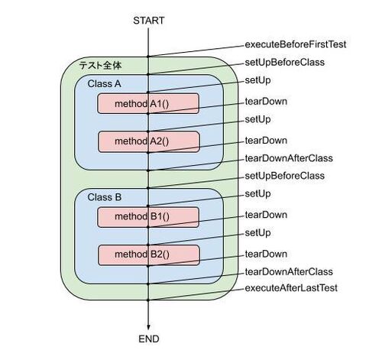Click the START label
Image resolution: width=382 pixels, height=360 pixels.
(x=149, y=21)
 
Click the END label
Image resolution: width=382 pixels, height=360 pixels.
(x=149, y=339)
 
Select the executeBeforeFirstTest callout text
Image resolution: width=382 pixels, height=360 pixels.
(x=296, y=44)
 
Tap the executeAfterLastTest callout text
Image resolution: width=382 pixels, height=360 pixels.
(x=291, y=288)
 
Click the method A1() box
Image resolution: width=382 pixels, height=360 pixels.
(x=148, y=103)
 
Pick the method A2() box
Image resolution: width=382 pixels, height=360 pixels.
(x=149, y=141)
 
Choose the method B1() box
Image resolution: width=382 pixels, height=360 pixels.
(x=148, y=217)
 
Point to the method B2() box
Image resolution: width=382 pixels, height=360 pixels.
(x=149, y=255)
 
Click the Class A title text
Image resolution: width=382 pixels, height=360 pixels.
(x=104, y=84)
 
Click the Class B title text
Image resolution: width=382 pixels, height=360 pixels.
(x=105, y=197)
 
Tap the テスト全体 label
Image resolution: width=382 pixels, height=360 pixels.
(x=100, y=66)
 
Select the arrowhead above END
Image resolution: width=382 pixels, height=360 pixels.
(x=148, y=327)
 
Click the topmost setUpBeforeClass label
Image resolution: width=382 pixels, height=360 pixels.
(x=285, y=63)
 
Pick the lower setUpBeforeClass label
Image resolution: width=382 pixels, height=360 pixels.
(x=285, y=176)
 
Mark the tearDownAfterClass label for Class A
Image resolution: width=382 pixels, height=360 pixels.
(x=289, y=158)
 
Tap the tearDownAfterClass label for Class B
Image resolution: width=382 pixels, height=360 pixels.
(x=289, y=272)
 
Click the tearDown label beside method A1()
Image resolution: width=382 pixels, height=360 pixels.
(x=266, y=102)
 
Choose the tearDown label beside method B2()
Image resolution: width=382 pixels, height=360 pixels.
(x=266, y=254)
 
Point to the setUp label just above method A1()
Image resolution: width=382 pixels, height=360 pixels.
(x=257, y=80)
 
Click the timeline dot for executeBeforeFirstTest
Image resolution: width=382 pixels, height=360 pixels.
(x=148, y=57)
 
